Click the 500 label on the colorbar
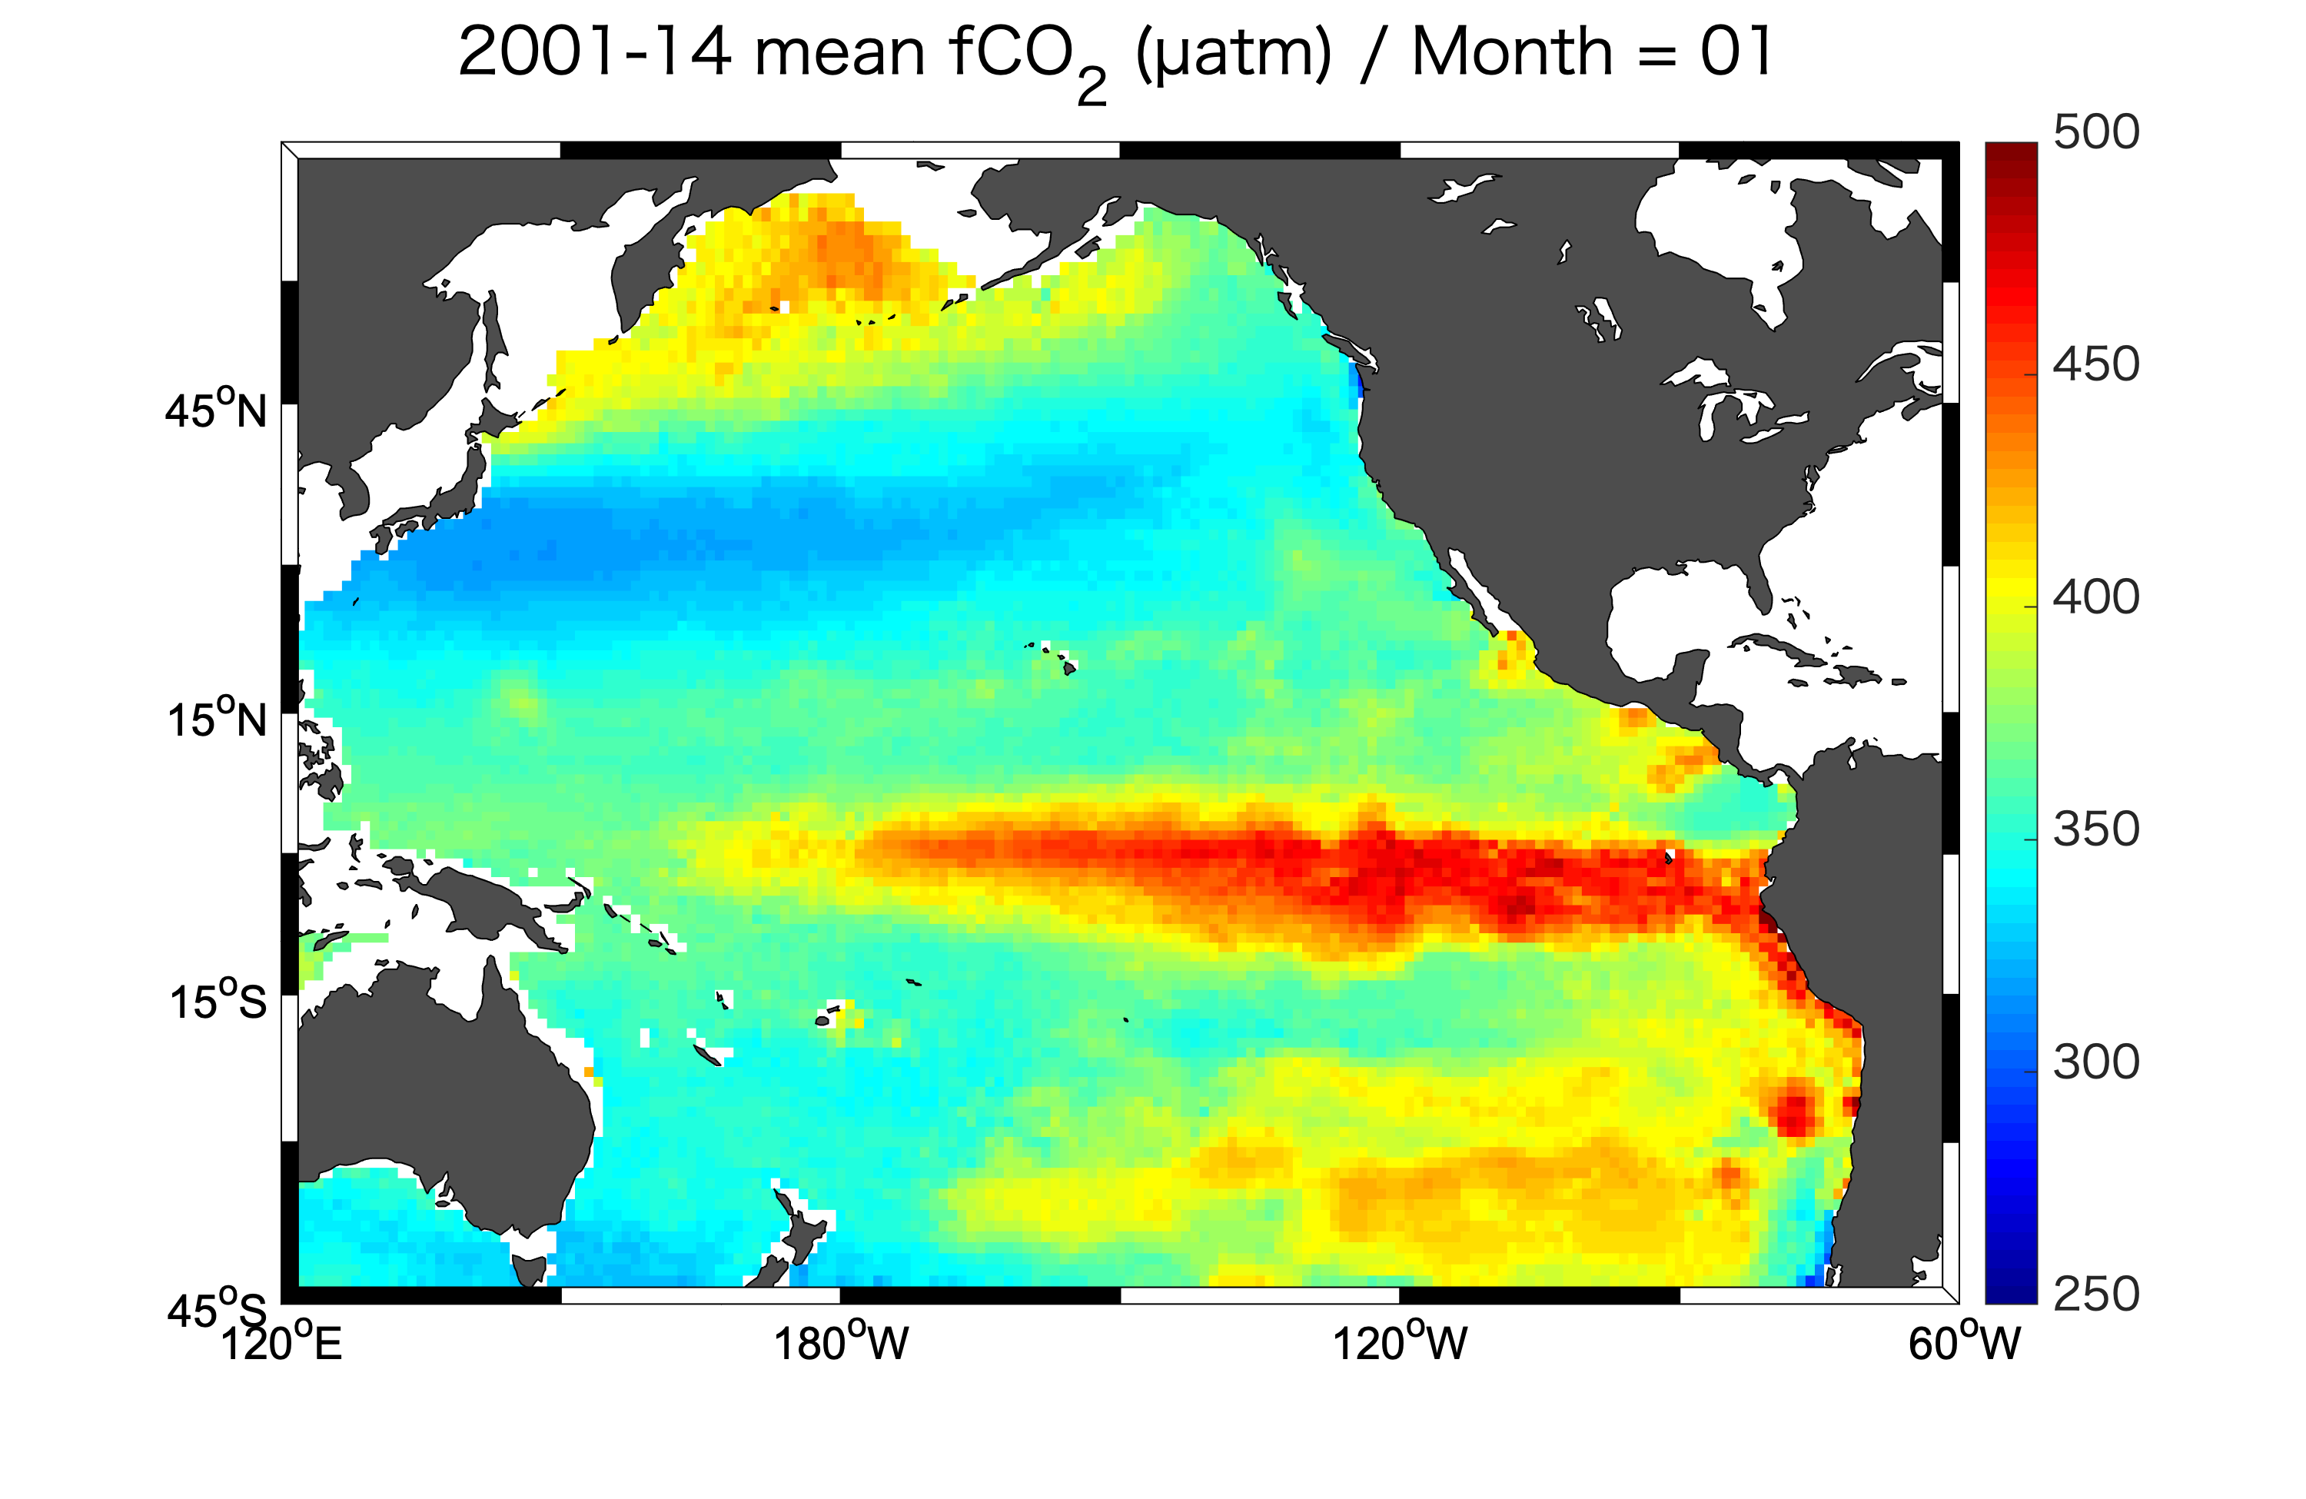click(2095, 133)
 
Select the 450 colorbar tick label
click(2095, 365)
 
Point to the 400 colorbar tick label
click(2095, 597)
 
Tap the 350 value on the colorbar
click(2095, 829)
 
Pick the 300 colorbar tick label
click(2095, 1062)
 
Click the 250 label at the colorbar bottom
click(2095, 1294)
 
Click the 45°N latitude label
click(215, 409)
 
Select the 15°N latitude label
click(216, 718)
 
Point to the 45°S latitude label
click(215, 1309)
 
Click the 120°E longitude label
click(282, 1343)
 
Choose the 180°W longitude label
click(840, 1343)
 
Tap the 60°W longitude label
click(1964, 1343)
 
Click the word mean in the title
click(839, 53)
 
